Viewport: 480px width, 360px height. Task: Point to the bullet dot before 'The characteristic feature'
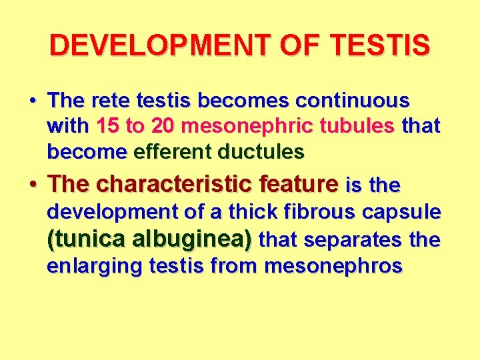(33, 183)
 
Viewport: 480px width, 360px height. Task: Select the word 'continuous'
(353, 101)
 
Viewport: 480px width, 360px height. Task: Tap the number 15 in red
(108, 127)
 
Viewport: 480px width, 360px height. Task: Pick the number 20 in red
(164, 127)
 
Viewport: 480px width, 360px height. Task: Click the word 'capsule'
(403, 212)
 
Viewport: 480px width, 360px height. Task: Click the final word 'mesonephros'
(333, 266)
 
